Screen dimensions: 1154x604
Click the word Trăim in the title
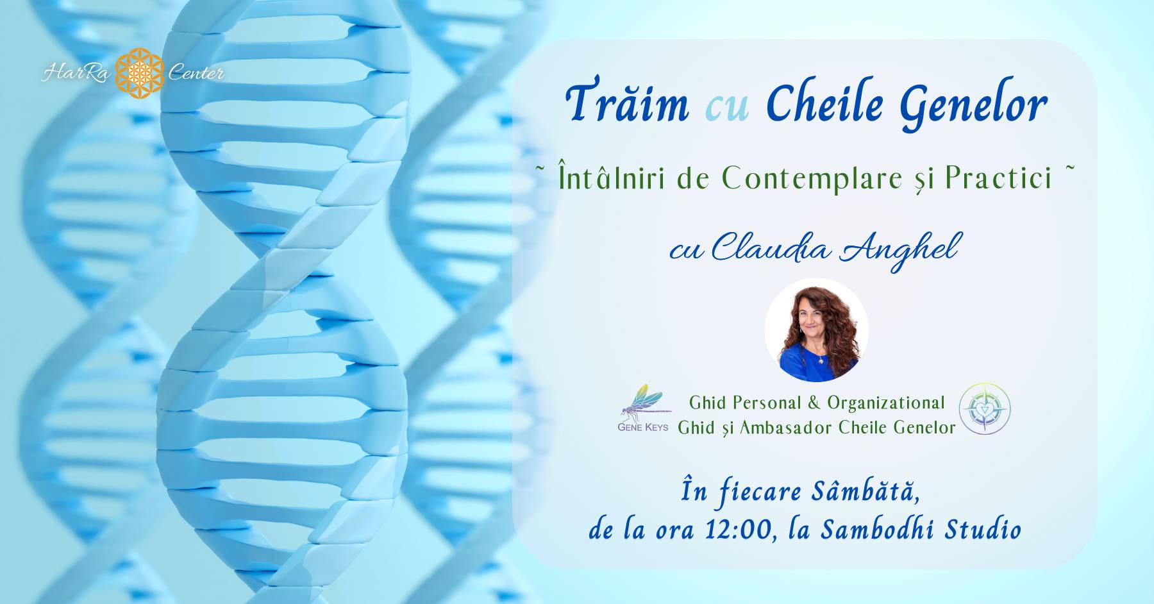[628, 103]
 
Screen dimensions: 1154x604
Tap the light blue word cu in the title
[727, 108]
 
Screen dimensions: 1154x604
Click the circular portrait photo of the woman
[816, 330]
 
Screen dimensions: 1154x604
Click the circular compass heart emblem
[985, 408]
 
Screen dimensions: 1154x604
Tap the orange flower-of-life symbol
[139, 73]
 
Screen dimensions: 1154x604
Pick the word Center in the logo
[196, 74]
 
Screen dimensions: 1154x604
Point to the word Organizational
[886, 403]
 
